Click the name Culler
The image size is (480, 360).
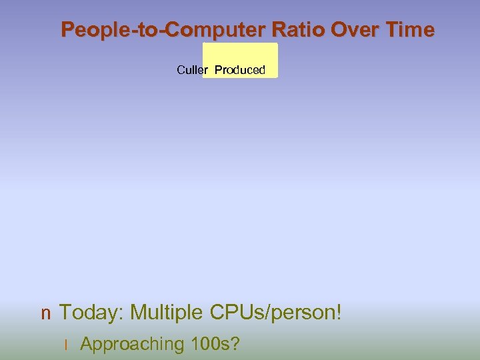(x=193, y=70)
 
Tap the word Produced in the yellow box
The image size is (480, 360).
(x=240, y=70)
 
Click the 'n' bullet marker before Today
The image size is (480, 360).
(x=45, y=313)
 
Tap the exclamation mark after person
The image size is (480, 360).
(x=339, y=312)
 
